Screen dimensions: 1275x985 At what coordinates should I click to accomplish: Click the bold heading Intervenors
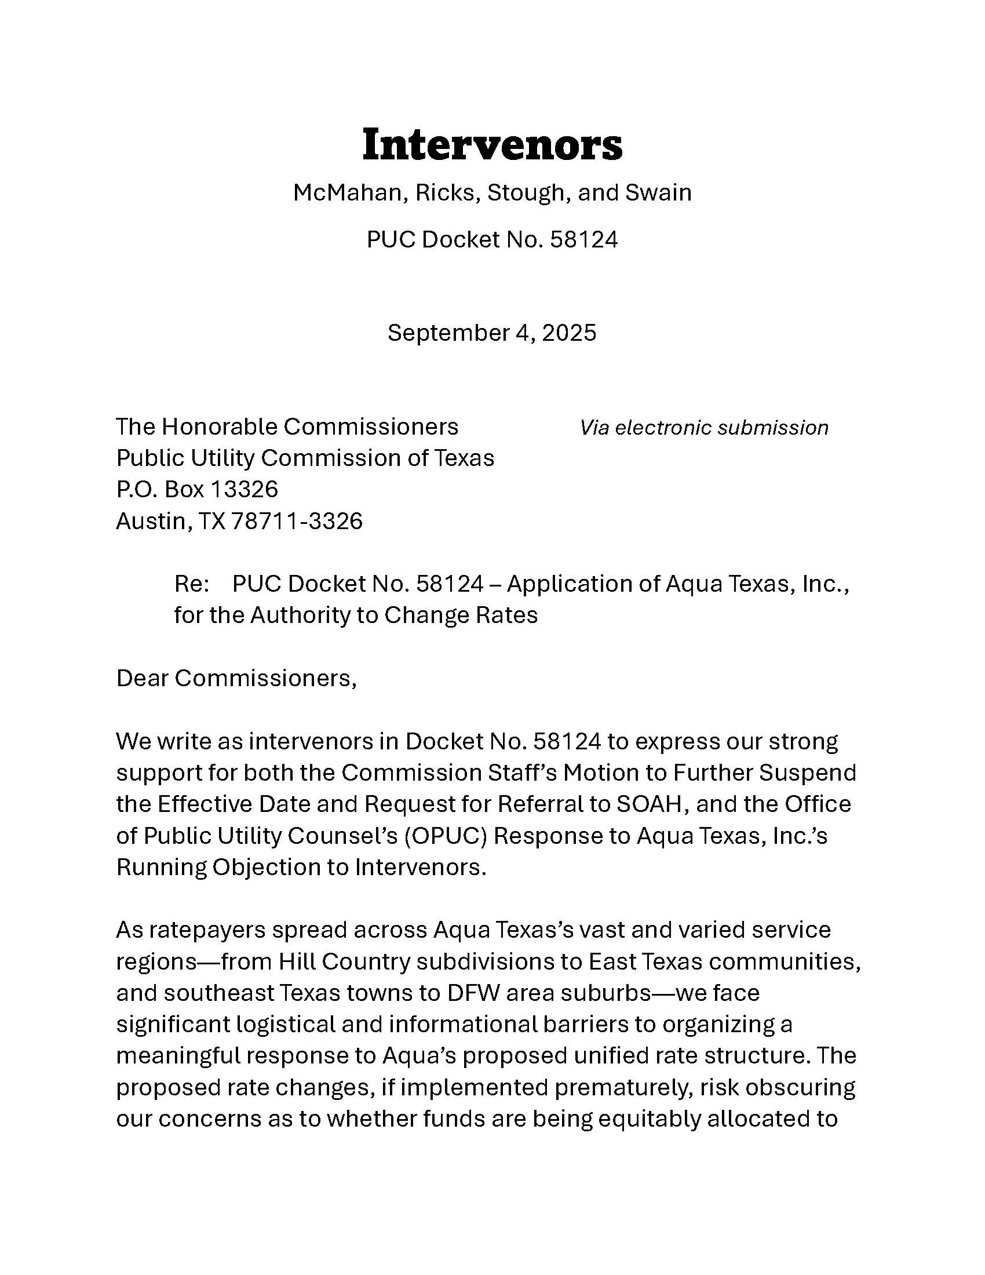coord(492,144)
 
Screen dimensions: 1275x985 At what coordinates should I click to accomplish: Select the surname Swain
coord(658,192)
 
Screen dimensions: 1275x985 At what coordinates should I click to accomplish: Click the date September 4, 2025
coord(492,333)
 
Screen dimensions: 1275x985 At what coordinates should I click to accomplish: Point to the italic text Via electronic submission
coord(704,428)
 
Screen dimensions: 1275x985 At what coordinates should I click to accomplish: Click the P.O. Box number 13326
coord(243,489)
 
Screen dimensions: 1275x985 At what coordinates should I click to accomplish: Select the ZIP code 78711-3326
coord(297,521)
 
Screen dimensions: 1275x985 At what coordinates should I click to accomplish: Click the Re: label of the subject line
coord(191,584)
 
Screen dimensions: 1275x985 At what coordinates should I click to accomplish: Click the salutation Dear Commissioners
coord(236,679)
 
